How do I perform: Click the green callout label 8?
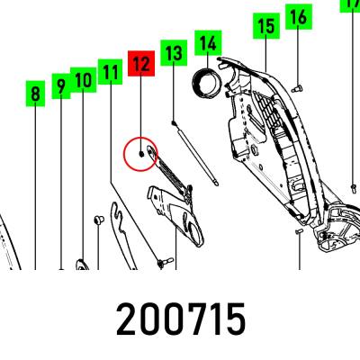click(35, 94)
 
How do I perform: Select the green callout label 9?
click(61, 85)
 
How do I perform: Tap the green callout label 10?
click(84, 80)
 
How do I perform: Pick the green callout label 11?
click(110, 72)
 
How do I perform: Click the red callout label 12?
click(141, 63)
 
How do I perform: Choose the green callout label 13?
click(174, 53)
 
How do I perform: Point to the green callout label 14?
click(208, 43)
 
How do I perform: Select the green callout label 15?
click(266, 26)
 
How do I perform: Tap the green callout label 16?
click(299, 16)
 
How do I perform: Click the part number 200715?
click(181, 319)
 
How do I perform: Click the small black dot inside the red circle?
click(141, 154)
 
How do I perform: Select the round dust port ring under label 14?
click(206, 84)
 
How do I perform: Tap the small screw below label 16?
click(297, 89)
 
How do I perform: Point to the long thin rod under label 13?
click(195, 153)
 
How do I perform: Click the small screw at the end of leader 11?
click(166, 262)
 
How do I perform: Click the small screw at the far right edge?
click(354, 188)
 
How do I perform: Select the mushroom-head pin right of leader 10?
click(99, 220)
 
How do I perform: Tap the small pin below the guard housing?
click(299, 231)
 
